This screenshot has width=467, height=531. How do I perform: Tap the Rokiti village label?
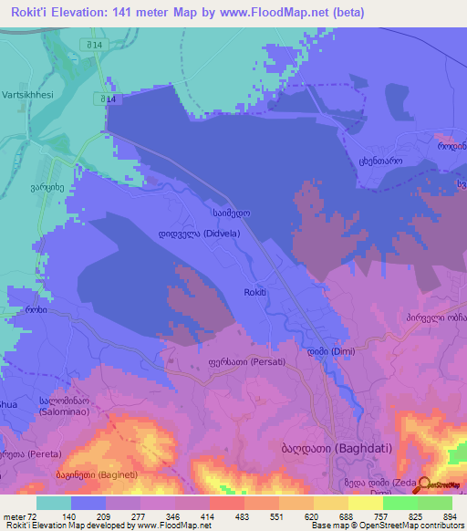point(255,291)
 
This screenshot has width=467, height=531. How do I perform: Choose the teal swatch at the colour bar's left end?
point(54,503)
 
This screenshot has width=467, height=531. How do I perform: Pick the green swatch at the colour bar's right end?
point(435,503)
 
